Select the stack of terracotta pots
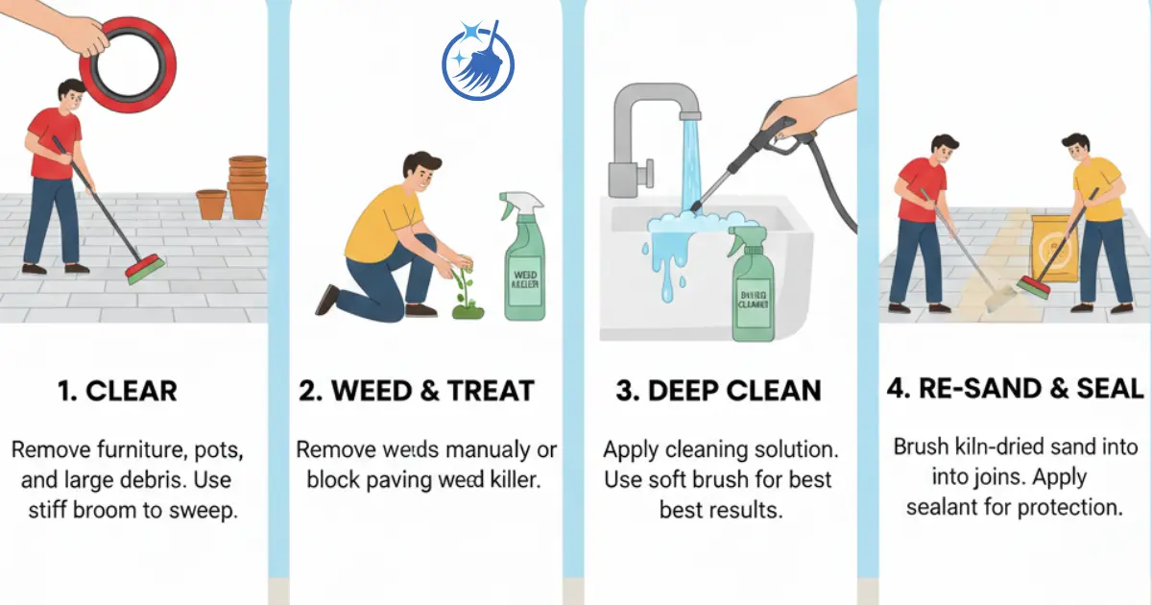point(248,186)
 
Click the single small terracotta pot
point(211,204)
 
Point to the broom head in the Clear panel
point(145,269)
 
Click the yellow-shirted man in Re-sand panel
point(1094,216)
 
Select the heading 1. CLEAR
point(116,391)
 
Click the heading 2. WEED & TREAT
point(416,391)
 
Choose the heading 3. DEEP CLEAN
point(719,391)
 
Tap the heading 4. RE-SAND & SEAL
point(1016,388)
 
